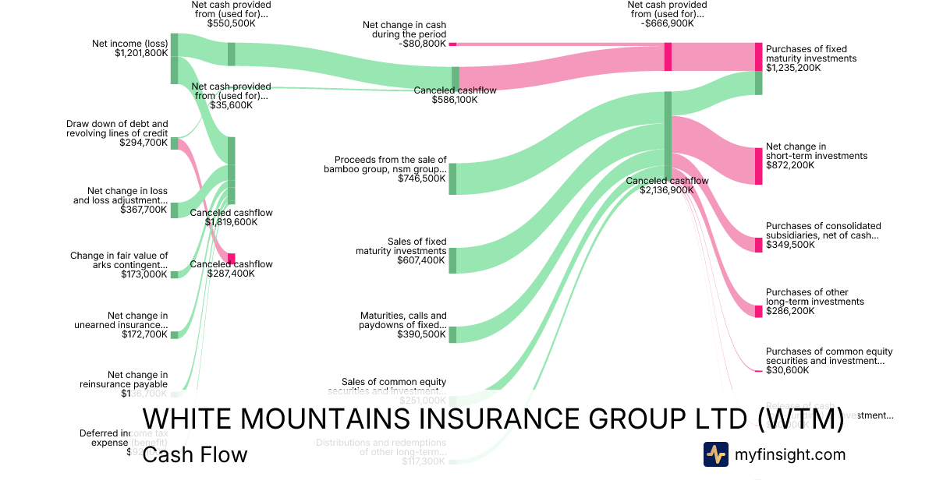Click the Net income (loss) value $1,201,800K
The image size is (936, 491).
pos(141,53)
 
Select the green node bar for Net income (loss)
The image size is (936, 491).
pos(175,58)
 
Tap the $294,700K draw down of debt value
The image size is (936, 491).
pos(144,143)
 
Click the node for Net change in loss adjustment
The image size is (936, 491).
pos(175,210)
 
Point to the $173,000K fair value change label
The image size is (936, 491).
pos(144,274)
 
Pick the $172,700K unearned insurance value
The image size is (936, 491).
pos(144,334)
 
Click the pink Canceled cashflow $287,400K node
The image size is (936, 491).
pos(231,259)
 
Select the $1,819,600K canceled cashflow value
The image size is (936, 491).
pos(232,222)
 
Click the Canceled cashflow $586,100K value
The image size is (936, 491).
pos(455,100)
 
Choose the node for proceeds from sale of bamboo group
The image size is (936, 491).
pos(452,178)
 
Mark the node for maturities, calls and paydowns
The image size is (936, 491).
pos(452,334)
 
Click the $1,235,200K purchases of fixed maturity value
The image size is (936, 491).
pos(793,68)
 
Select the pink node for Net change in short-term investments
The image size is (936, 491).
pos(758,165)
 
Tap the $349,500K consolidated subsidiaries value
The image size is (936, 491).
pos(790,245)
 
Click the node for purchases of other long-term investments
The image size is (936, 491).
pos(758,311)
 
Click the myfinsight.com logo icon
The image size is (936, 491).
pos(715,454)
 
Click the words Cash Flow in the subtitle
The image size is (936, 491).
pos(194,454)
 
